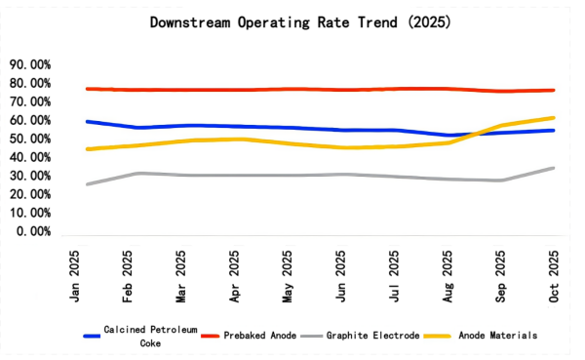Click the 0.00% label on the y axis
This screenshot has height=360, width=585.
32,232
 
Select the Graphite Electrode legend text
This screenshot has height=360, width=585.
374,335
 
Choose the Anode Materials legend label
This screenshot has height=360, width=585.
499,335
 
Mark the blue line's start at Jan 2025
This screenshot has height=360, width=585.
87,121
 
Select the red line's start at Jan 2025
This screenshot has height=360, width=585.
87,89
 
